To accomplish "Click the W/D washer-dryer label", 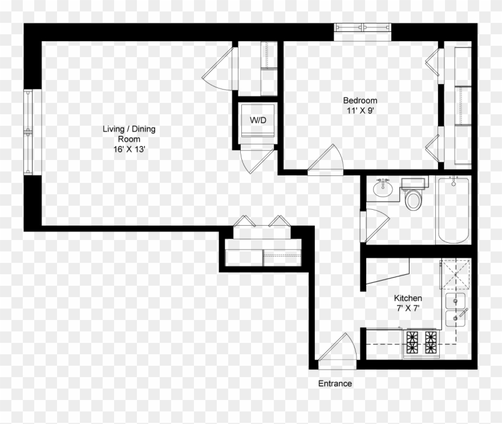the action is point(258,120).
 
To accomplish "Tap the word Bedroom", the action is point(360,101).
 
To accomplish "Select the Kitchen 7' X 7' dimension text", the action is point(408,309).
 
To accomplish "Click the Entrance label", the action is point(335,383).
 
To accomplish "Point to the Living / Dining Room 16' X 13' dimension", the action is point(129,150).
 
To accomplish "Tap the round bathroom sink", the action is point(383,188).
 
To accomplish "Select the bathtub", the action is point(454,210).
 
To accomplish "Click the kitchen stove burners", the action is point(422,342).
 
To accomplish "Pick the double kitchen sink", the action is point(455,309).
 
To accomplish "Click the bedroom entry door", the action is point(325,159).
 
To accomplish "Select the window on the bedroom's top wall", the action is point(362,28).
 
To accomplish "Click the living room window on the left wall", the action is point(28,132).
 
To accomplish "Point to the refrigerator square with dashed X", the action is point(455,274).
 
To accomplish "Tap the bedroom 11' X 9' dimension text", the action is point(360,111).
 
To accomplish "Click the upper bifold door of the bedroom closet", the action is point(432,63).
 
